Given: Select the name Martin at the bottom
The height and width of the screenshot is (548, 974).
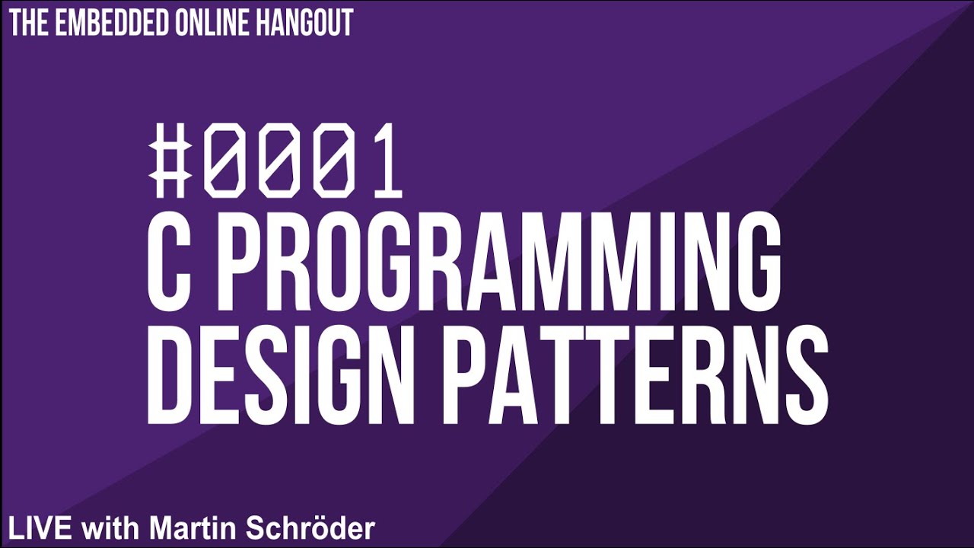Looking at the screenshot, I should click(x=190, y=527).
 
